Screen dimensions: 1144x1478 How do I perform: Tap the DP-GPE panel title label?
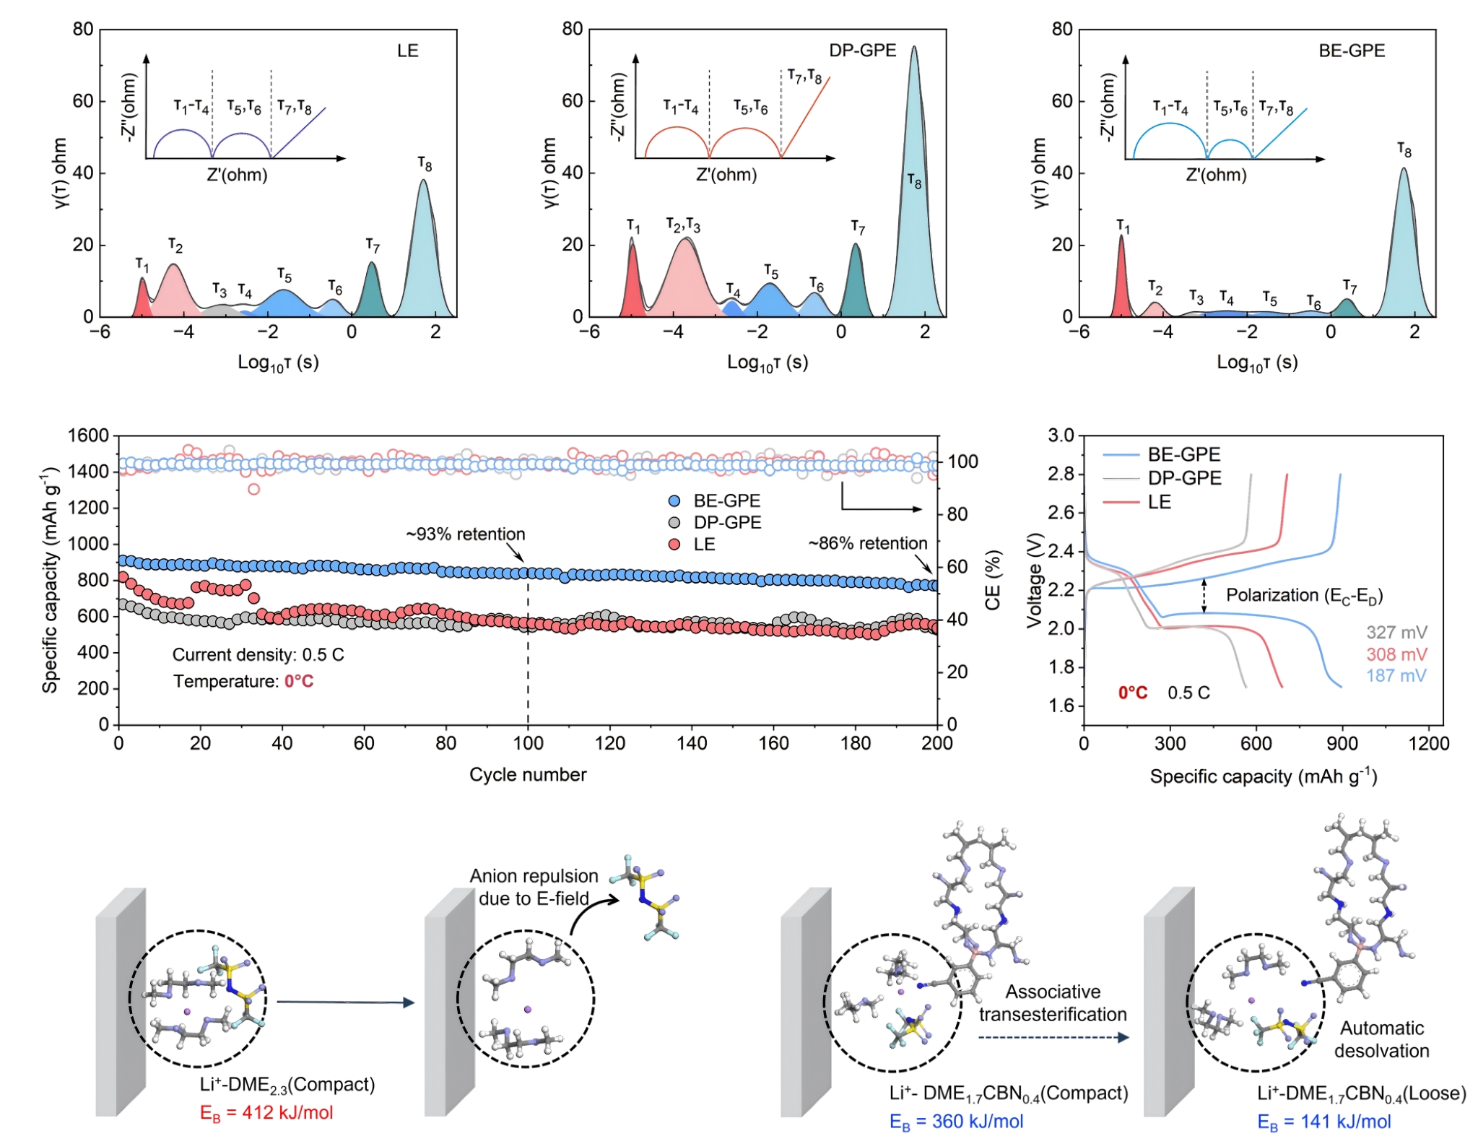[x=862, y=51]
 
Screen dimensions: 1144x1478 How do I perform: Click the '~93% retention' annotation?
[x=466, y=534]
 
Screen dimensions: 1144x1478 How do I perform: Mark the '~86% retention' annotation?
[x=868, y=544]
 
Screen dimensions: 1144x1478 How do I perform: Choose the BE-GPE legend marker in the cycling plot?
[x=674, y=501]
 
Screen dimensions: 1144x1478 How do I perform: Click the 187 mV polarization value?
[x=1396, y=676]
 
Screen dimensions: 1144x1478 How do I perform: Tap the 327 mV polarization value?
[x=1396, y=633]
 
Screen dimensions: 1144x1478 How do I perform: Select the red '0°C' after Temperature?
[x=299, y=682]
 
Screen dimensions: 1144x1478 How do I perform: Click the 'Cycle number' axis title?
[x=528, y=775]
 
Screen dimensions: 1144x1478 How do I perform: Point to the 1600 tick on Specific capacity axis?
[x=88, y=435]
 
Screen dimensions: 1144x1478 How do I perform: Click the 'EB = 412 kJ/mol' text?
[x=266, y=1113]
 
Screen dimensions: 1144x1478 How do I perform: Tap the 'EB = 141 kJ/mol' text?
[x=1323, y=1122]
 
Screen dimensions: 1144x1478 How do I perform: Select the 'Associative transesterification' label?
[x=1053, y=1003]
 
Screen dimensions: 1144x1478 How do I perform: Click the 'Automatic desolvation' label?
[x=1381, y=1039]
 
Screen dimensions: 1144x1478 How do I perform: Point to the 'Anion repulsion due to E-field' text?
[x=534, y=887]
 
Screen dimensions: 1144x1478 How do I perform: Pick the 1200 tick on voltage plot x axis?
[x=1428, y=744]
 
